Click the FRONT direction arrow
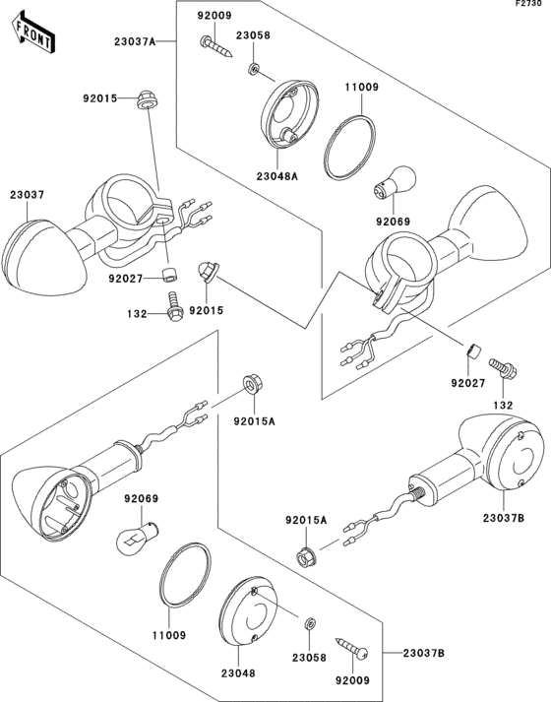point(33,34)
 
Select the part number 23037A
point(135,42)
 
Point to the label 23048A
point(277,176)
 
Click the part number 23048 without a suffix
point(238,672)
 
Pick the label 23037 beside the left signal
point(28,195)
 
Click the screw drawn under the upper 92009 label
point(216,47)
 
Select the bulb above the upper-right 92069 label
point(395,181)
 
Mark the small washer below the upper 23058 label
point(254,69)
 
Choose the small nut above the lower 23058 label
point(310,623)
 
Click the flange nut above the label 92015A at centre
point(253,385)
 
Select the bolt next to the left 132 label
point(173,306)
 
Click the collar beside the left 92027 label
point(169,275)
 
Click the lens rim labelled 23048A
point(289,113)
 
